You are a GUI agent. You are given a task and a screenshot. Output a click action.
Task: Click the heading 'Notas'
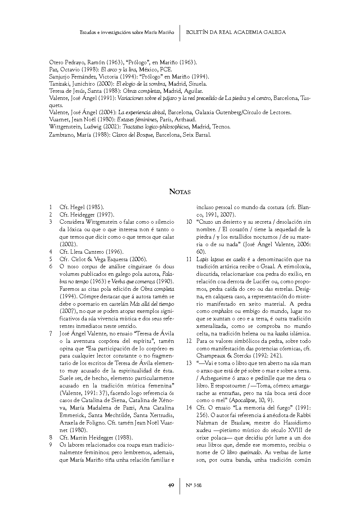(x=180, y=192)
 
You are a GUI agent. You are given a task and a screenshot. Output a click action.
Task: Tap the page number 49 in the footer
(x=171, y=485)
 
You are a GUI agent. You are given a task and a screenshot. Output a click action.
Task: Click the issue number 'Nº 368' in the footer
(x=194, y=485)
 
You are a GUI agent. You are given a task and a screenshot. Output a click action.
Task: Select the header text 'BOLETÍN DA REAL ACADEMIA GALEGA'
(x=236, y=32)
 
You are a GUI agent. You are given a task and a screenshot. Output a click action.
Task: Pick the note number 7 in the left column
(x=51, y=333)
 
